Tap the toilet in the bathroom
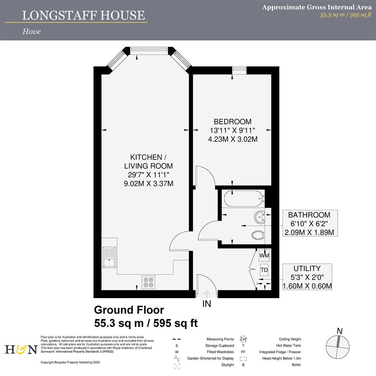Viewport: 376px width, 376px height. pos(258,235)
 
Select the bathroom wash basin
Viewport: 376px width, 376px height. pos(260,217)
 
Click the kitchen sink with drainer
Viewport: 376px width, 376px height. pos(109,257)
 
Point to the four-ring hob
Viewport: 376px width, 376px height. pos(148,282)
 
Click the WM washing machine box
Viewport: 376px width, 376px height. pos(264,256)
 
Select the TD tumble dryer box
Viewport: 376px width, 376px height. pos(264,270)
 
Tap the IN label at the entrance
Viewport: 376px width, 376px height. pos(207,304)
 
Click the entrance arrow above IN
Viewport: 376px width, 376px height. pos(207,294)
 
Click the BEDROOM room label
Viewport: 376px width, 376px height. pos(233,122)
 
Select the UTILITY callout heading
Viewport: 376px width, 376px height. pos(307,268)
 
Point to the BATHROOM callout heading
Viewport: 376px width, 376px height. pos(309,215)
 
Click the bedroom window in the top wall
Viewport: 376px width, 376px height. pos(239,69)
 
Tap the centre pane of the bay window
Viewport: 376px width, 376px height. pos(149,49)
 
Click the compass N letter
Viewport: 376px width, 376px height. pos(339,331)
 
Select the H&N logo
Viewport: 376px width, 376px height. pos(21,350)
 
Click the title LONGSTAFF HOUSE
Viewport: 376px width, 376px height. pos(84,15)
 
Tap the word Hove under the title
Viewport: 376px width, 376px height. pos(31,31)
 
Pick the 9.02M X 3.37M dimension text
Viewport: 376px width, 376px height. pos(148,184)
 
